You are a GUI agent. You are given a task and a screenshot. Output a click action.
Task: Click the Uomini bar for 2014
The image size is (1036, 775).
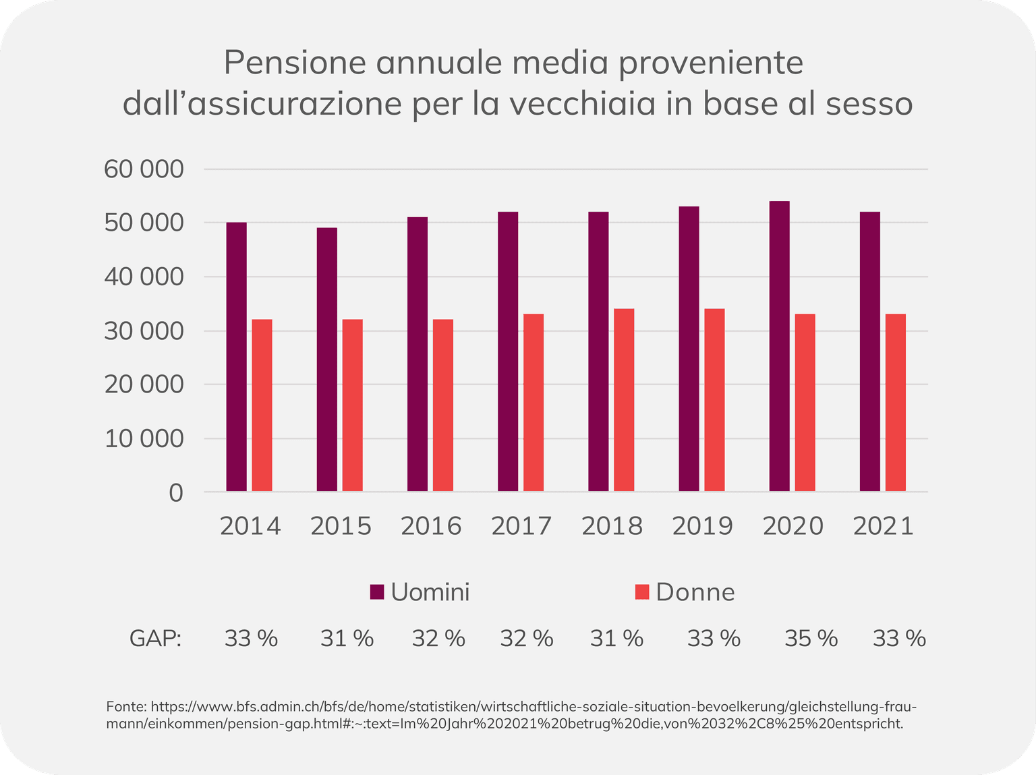coord(236,357)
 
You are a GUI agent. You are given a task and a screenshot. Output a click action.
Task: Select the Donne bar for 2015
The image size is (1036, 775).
coord(352,405)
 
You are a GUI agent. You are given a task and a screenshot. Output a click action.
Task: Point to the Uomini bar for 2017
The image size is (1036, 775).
coord(508,351)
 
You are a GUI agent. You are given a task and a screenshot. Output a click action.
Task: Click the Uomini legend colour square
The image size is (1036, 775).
coord(377,592)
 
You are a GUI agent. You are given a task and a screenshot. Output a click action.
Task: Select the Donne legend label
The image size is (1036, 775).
coord(695,592)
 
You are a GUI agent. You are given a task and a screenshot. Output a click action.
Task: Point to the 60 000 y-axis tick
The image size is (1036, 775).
coord(144,169)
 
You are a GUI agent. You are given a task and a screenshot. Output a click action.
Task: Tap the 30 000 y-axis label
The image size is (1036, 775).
coord(144,331)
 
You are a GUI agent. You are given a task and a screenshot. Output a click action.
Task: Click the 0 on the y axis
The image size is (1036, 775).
coord(175,493)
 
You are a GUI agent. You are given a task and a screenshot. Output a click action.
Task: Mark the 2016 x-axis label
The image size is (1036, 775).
coord(431,526)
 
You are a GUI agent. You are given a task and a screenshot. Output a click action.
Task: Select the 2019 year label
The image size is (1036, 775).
coord(702,526)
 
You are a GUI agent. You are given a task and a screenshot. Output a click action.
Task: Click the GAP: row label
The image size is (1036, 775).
coord(156,638)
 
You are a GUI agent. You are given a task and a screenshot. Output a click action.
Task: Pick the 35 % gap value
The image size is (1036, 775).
coord(811,638)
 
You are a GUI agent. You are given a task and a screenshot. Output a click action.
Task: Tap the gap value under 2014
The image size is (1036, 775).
coord(251,638)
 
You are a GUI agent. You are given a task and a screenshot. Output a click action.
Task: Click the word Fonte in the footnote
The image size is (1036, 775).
coord(125,707)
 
